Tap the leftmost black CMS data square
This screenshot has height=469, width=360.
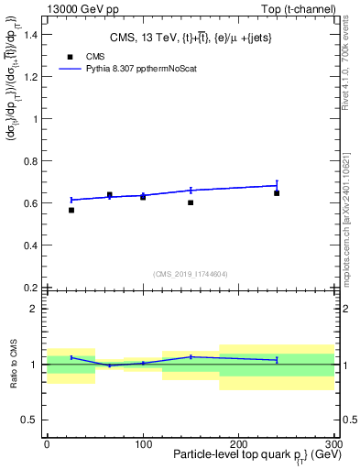[x=71, y=210]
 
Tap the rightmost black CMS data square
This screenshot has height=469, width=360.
[x=277, y=193]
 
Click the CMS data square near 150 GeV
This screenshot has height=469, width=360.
[x=191, y=202]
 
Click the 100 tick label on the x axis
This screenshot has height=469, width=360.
[x=143, y=444]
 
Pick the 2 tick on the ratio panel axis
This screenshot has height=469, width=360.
[x=37, y=309]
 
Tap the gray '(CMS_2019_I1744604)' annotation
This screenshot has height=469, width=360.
[x=191, y=274]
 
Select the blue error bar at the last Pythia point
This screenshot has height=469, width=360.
[x=277, y=185]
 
